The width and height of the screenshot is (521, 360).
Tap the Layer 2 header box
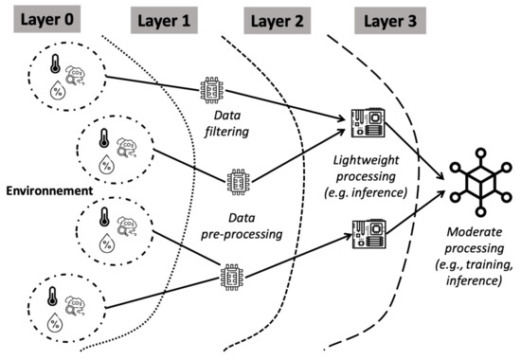tap(278, 19)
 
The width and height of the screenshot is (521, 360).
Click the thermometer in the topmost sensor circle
tap(41, 63)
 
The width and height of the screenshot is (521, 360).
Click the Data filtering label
tap(221, 123)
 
